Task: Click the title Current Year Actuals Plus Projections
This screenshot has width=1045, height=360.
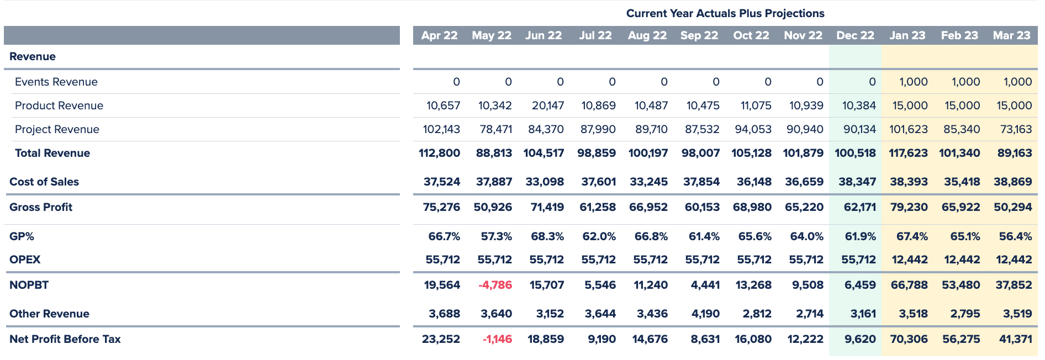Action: pos(725,13)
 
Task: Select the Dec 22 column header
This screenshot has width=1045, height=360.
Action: pos(855,35)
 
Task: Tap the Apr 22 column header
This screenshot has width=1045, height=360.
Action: pos(439,35)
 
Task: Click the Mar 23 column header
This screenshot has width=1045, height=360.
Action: pos(1011,35)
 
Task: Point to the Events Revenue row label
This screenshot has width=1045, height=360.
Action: pos(56,82)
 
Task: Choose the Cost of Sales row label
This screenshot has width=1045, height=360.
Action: pos(44,182)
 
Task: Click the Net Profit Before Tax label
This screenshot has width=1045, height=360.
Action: pos(65,339)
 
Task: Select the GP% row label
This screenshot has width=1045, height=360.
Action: pos(22,236)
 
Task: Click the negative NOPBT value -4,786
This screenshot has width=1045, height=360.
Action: pos(495,285)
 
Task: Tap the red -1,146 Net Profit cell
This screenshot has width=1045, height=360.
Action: pos(497,339)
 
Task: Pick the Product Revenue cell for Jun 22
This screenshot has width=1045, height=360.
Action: pos(548,105)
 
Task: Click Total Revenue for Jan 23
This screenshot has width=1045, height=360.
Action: pos(908,153)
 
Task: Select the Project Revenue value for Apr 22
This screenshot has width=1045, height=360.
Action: pos(441,129)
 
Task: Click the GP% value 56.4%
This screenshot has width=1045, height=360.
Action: pos(1015,236)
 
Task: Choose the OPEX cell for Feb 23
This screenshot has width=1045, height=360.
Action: pos(962,260)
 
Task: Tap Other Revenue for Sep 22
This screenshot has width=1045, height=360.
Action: pos(705,314)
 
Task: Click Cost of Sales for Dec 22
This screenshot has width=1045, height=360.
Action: pos(857,182)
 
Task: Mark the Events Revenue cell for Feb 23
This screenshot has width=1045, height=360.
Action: pos(965,82)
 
